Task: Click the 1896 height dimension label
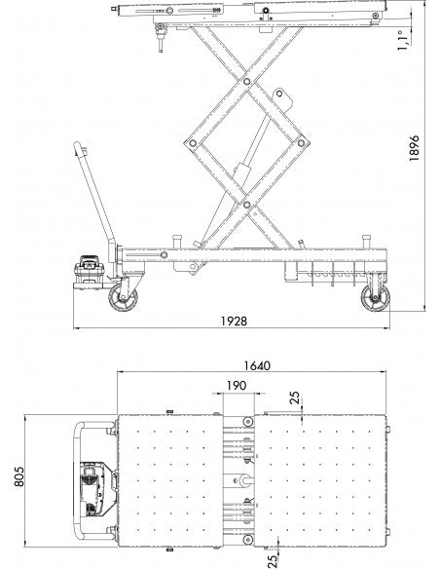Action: pyautogui.click(x=414, y=148)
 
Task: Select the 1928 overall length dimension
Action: pyautogui.click(x=235, y=322)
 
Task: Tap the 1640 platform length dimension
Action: pyautogui.click(x=257, y=365)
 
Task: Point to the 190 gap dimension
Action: pyautogui.click(x=237, y=386)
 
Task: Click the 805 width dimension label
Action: pyautogui.click(x=18, y=476)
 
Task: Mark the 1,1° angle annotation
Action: pyautogui.click(x=403, y=40)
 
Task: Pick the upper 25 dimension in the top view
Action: pyautogui.click(x=296, y=398)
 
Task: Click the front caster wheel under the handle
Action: pyautogui.click(x=123, y=297)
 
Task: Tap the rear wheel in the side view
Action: pyautogui.click(x=376, y=298)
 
